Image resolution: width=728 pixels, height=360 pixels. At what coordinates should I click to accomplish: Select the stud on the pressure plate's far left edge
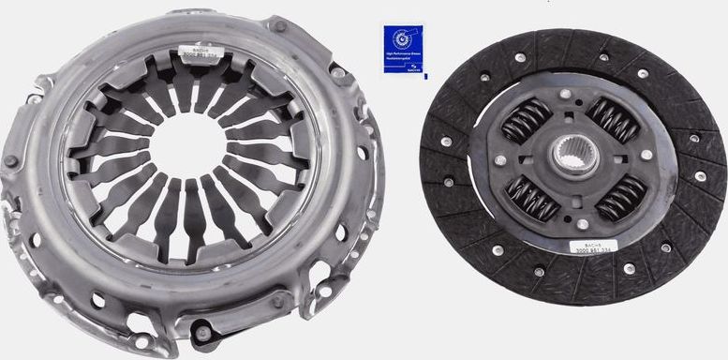[x=9, y=160]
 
